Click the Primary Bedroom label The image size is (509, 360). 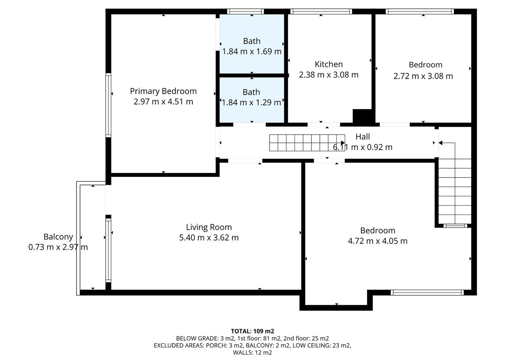(x=163, y=91)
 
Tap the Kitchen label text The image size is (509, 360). (x=329, y=64)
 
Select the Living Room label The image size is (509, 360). (x=209, y=227)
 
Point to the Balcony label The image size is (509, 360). (x=58, y=237)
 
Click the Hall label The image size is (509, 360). (x=363, y=137)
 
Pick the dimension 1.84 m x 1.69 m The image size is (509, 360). (x=252, y=51)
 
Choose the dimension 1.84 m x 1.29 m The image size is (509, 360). (x=251, y=102)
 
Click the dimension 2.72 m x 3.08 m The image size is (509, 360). (x=423, y=76)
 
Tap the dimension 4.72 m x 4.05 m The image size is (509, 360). (x=378, y=241)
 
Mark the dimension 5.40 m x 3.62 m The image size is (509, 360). (x=209, y=238)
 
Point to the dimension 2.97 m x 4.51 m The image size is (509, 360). (x=163, y=102)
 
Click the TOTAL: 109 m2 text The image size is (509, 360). (x=252, y=331)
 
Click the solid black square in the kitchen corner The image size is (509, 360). (x=362, y=117)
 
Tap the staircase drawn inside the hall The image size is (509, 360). (x=307, y=143)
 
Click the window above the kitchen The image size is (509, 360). (x=321, y=11)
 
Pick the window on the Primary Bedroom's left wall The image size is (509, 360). (x=108, y=105)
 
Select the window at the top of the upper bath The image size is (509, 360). (x=245, y=11)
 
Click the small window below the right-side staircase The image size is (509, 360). (x=455, y=226)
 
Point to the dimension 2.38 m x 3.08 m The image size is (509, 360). (x=329, y=75)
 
